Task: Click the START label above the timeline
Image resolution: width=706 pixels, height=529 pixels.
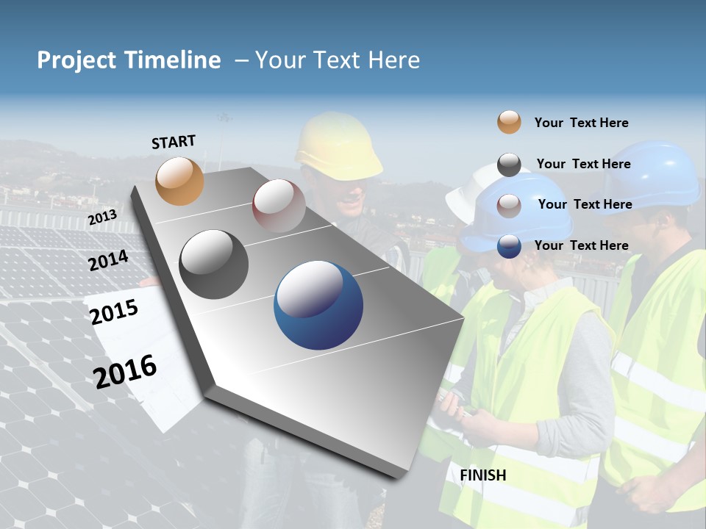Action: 174,142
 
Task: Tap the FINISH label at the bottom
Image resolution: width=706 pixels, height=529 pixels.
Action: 483,475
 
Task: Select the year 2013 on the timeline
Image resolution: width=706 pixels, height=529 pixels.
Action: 102,217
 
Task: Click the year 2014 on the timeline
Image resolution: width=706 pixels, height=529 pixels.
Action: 108,260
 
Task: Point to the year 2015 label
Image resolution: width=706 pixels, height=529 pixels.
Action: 114,312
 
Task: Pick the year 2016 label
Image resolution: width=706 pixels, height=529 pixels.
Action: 125,371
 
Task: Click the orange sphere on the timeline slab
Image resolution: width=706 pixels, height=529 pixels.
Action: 179,181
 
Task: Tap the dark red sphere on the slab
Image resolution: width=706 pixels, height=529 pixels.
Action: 279,206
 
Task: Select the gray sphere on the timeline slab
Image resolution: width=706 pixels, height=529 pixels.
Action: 214,264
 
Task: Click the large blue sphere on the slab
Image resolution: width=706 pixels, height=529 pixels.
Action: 318,305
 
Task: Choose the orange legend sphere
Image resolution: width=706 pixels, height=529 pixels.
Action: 509,122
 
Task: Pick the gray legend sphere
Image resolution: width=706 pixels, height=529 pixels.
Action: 509,165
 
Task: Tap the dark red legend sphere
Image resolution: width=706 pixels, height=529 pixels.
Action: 509,205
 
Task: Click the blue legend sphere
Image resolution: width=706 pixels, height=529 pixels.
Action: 509,246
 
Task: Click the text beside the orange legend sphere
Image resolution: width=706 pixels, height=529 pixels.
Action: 581,123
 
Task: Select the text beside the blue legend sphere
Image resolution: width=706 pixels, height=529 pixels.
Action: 581,245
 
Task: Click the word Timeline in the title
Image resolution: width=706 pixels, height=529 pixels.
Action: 174,60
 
